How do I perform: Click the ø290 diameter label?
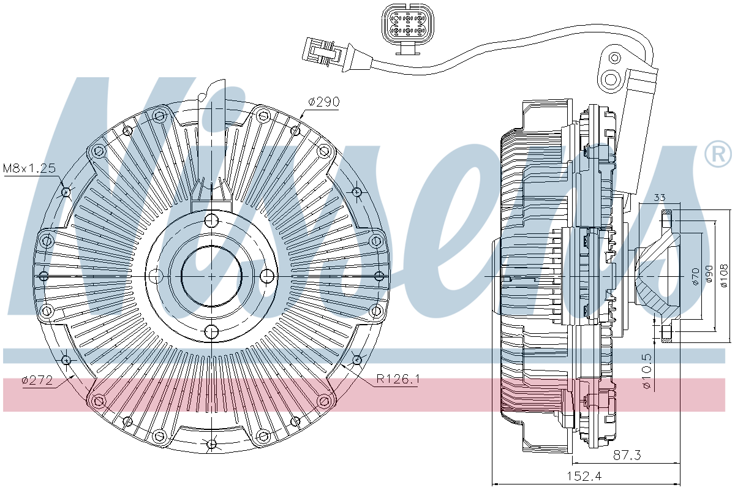click(x=323, y=103)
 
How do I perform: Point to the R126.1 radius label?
click(x=398, y=380)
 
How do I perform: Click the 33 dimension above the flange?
click(x=660, y=198)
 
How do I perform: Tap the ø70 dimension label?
click(x=695, y=277)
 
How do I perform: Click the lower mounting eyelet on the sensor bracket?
click(x=610, y=78)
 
